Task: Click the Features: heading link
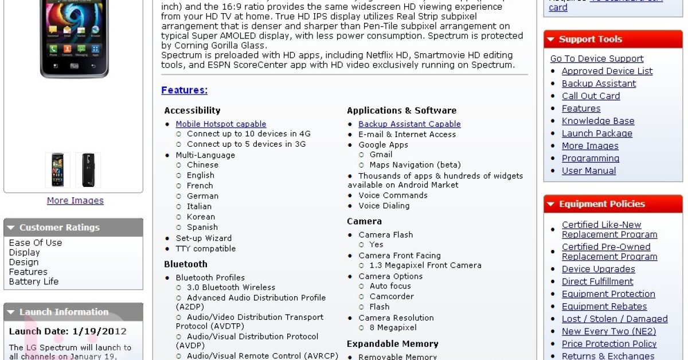[x=184, y=90]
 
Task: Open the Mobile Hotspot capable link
[x=221, y=124]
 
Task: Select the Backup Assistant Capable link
[x=409, y=124]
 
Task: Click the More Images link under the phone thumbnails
[x=75, y=201]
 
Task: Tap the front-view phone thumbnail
[x=58, y=170]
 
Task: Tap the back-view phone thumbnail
[x=88, y=170]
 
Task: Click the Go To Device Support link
[x=597, y=58]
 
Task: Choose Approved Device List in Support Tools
[x=607, y=71]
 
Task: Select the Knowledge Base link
[x=598, y=121]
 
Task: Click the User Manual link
[x=589, y=171]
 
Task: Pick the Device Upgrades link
[x=598, y=269]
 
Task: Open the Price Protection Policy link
[x=609, y=344]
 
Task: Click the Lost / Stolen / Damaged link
[x=615, y=319]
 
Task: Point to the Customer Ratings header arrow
[x=11, y=228]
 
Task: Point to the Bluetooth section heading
[x=186, y=264]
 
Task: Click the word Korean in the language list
[x=201, y=217]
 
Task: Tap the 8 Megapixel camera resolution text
[x=393, y=328]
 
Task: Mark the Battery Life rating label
[x=34, y=281]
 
